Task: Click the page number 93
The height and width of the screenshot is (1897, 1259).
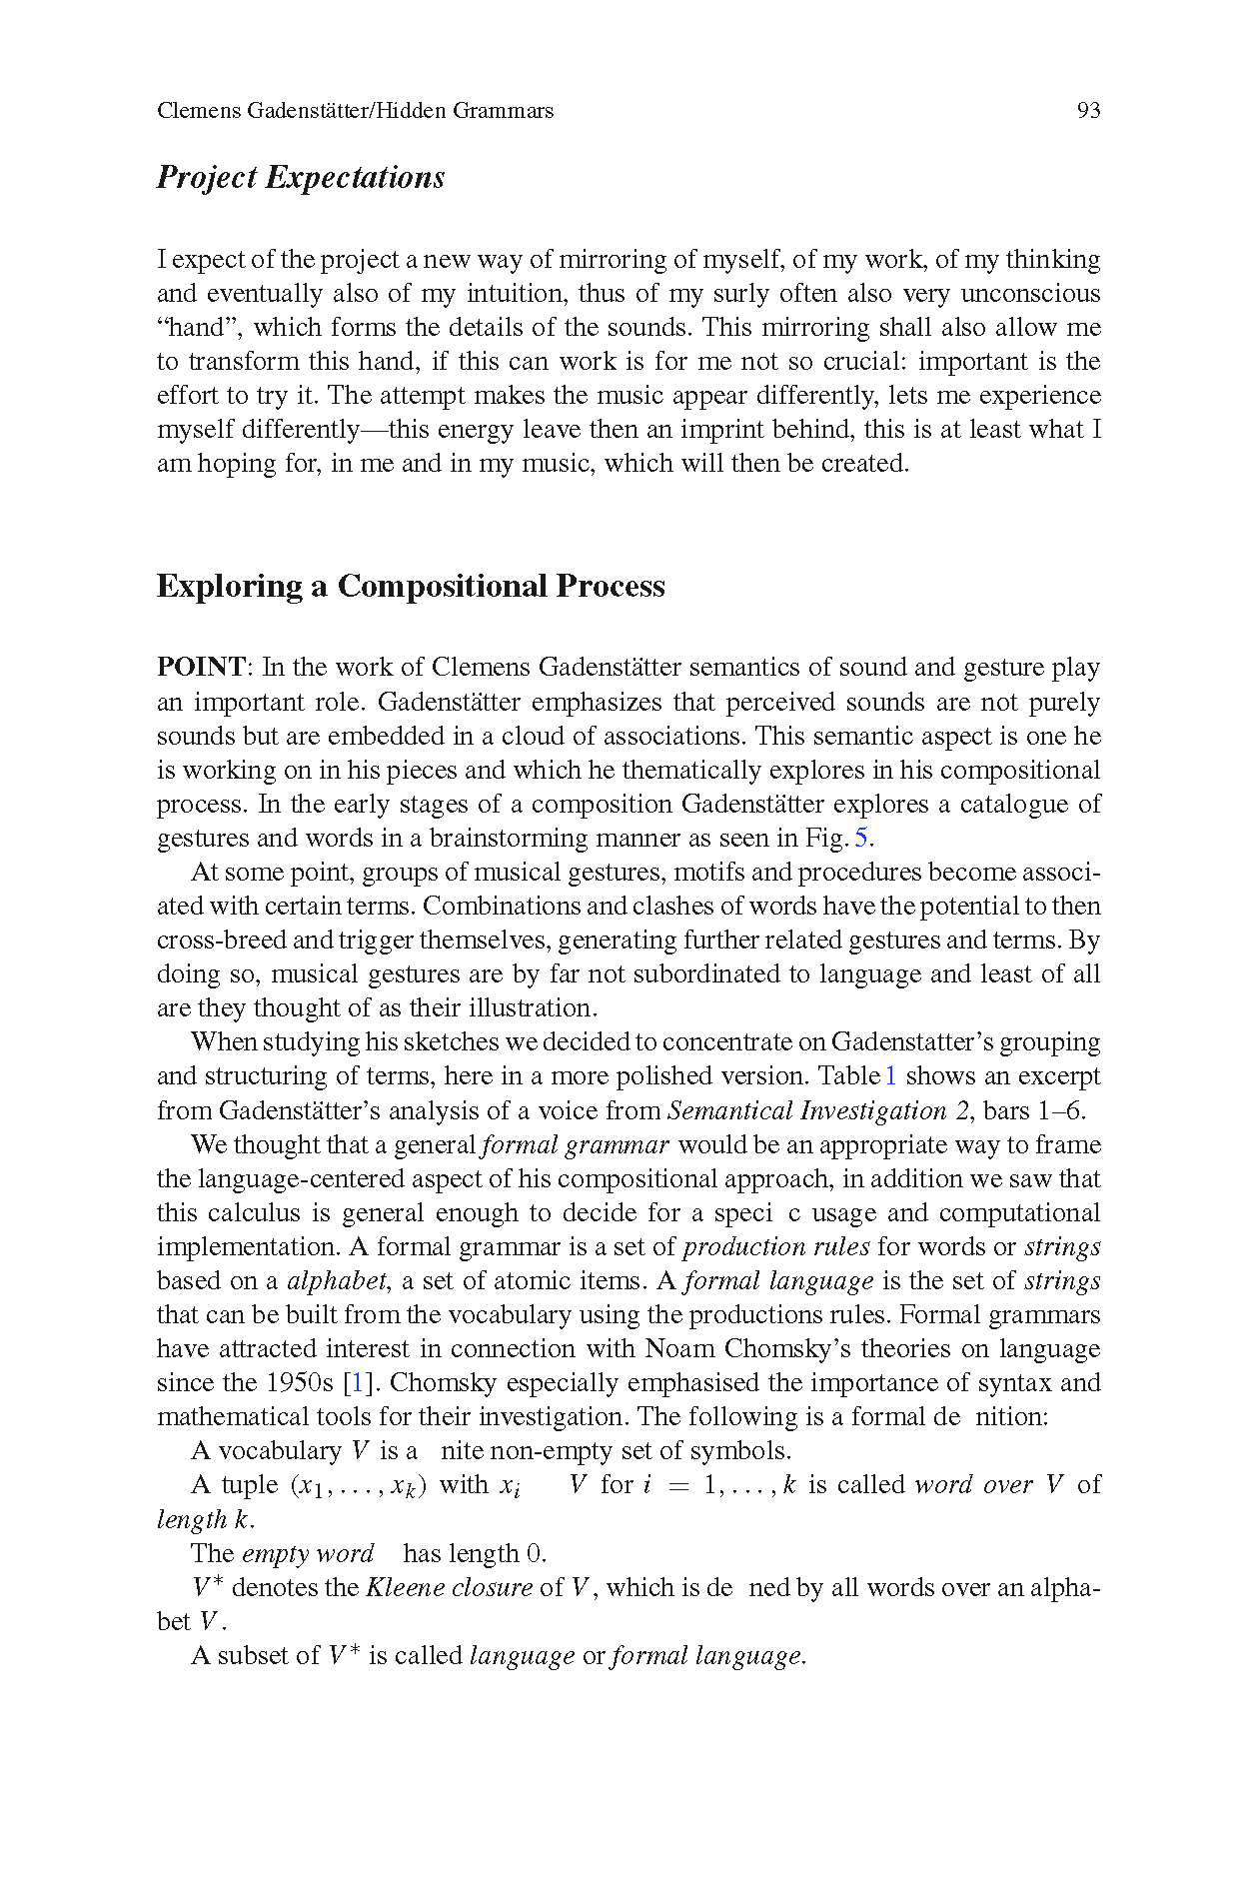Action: (x=1088, y=111)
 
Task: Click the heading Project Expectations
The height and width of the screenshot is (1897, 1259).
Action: (x=301, y=178)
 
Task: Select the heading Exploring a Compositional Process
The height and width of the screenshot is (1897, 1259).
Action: (x=411, y=586)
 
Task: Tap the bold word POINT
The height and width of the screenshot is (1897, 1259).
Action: (x=201, y=668)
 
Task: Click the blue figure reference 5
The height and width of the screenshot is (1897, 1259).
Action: (x=860, y=838)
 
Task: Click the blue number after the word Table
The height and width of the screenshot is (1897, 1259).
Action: (x=890, y=1076)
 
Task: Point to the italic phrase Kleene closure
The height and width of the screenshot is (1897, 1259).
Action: (x=449, y=1588)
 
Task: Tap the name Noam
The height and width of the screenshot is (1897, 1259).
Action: (x=680, y=1349)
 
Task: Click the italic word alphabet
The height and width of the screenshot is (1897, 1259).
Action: (x=337, y=1281)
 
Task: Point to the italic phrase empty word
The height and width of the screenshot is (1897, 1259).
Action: (x=308, y=1554)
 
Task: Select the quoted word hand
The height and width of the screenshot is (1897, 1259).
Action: (x=199, y=328)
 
